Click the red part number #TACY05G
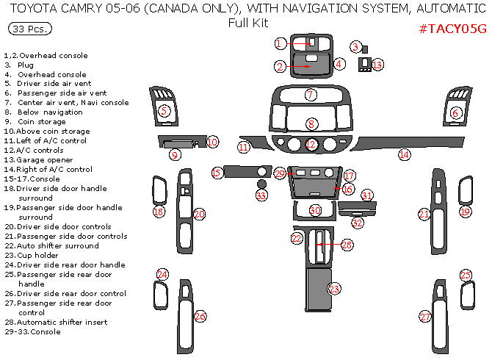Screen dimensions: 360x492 coord(452,29)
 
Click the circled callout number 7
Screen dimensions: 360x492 coord(311,95)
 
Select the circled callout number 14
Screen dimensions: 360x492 coord(404,154)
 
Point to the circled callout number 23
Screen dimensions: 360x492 coord(334,289)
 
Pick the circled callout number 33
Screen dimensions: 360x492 coord(261,195)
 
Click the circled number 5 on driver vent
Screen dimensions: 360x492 coord(164,111)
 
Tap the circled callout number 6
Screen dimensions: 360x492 coord(455,113)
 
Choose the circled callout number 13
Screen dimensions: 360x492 coord(377,65)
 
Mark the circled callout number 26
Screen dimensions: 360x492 coord(200,316)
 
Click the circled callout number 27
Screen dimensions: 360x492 coord(425,317)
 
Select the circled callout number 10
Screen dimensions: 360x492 coord(212,142)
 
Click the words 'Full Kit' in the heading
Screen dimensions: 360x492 coord(248,22)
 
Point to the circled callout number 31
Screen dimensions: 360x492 coord(367,196)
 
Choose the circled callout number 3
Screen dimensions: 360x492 coord(355,47)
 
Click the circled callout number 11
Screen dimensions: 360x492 coord(244,148)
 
